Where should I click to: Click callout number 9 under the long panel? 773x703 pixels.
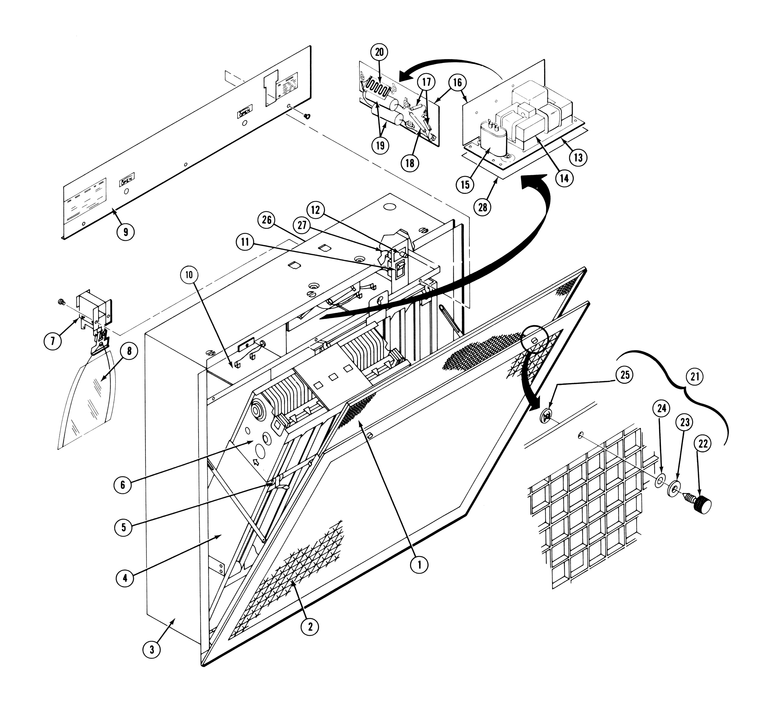[x=126, y=232]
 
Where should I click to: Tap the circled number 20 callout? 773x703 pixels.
[x=379, y=52]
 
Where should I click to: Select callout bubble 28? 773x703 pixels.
[x=482, y=207]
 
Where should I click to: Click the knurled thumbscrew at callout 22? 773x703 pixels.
[x=701, y=505]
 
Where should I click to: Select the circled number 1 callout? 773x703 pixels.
[x=420, y=565]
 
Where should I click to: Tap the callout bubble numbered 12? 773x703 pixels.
[x=316, y=210]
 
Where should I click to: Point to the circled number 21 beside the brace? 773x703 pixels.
[x=695, y=376]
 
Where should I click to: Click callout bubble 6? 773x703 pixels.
[x=123, y=485]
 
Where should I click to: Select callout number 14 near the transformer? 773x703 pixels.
[x=564, y=178]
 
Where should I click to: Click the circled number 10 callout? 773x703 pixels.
[x=189, y=275]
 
